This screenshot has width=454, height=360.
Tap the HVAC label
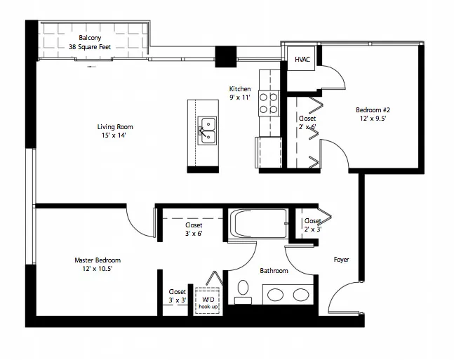click(x=302, y=60)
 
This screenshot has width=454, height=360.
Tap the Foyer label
click(x=341, y=260)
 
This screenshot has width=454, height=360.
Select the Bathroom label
click(x=274, y=271)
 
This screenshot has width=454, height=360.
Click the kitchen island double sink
click(x=208, y=130)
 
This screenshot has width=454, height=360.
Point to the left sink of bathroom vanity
click(x=276, y=294)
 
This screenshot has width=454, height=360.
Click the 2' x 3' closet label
click(x=312, y=225)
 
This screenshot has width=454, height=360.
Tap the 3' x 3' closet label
click(x=177, y=295)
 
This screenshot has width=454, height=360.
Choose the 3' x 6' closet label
click(x=194, y=229)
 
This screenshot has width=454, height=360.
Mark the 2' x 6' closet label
click(x=307, y=123)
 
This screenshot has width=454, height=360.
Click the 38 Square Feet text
click(x=90, y=47)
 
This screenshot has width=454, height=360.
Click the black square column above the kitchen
click(x=225, y=56)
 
